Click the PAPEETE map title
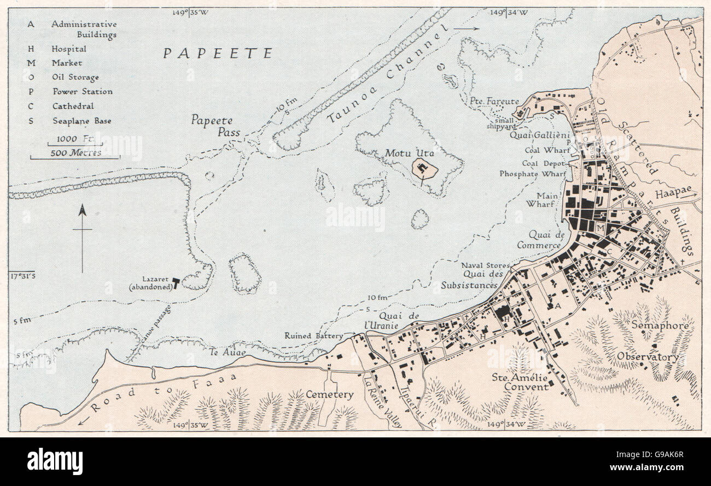(x=218, y=54)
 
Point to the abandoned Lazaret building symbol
(x=176, y=282)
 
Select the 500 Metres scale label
(x=76, y=153)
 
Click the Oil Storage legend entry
(x=75, y=78)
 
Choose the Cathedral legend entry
(x=73, y=106)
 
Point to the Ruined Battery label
(x=313, y=336)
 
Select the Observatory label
(x=648, y=357)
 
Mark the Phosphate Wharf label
(x=532, y=174)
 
